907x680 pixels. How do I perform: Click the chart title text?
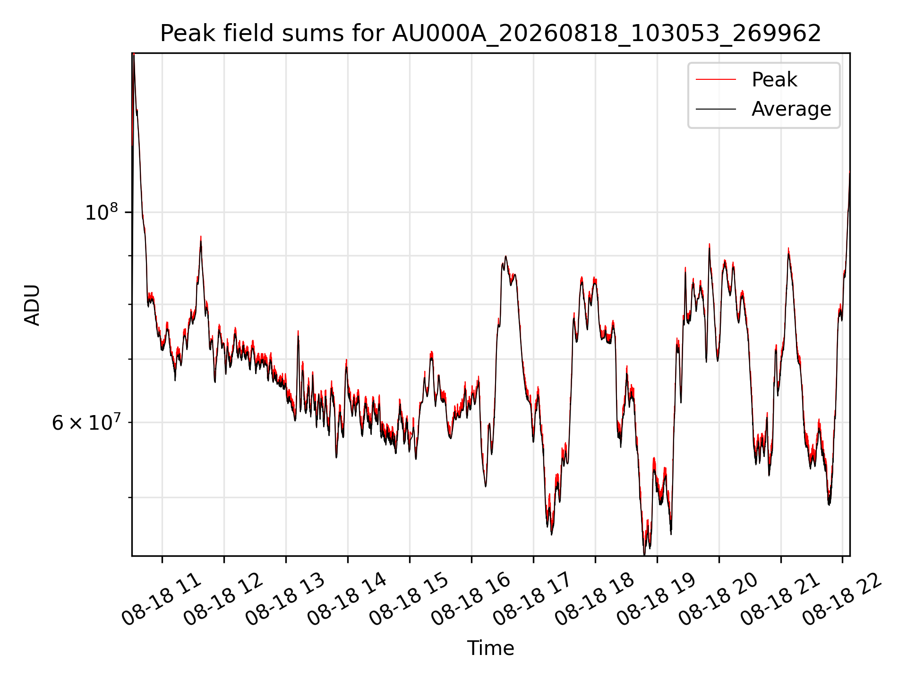coord(490,34)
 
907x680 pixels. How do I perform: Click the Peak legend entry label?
coord(774,80)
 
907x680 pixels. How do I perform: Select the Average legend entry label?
coord(791,109)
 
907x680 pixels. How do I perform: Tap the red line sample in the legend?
coord(716,80)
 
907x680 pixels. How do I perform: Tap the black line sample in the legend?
coord(716,109)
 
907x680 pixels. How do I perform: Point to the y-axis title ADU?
coord(32,305)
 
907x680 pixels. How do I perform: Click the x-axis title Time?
coord(490,648)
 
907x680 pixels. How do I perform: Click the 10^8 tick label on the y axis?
coord(101,212)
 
